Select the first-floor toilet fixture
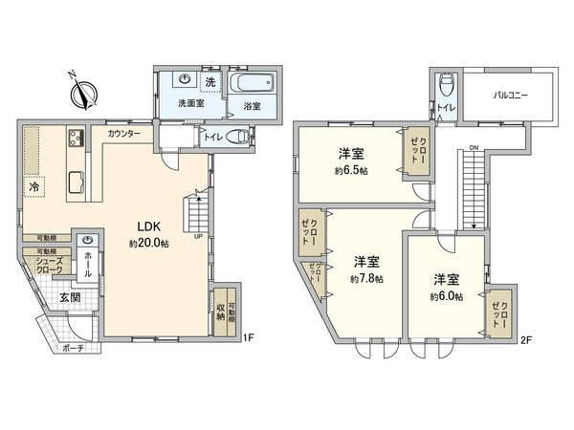click(242, 138)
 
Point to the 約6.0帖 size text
click(446, 297)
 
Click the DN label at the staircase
click(474, 147)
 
